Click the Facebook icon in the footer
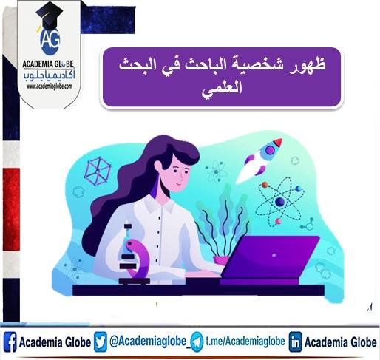pos(10,342)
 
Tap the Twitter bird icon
pos(101,342)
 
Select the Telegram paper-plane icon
pos(197,342)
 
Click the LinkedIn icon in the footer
pos(295,342)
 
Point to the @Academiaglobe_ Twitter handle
pos(148,342)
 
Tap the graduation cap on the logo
pos(49,14)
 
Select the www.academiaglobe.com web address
pos(49,86)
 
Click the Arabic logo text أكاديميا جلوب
pos(49,73)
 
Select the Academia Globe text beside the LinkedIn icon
pos(340,342)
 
